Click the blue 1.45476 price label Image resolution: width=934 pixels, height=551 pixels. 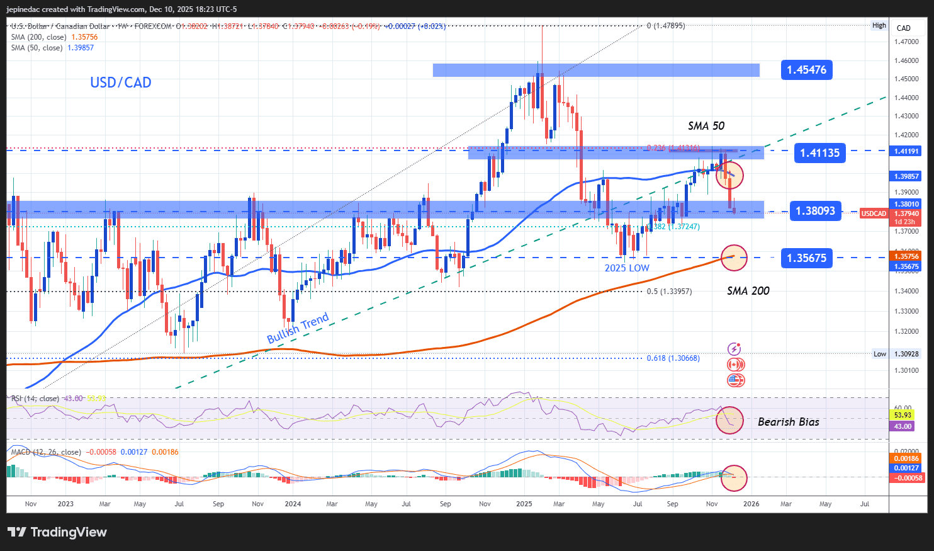coord(806,70)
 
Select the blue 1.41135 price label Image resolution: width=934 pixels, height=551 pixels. coord(819,152)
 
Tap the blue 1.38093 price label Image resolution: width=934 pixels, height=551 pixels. coord(815,211)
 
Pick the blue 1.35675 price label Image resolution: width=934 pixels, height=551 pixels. coord(806,258)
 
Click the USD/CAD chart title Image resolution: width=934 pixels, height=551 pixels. coord(121,82)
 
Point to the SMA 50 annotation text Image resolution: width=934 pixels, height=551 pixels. coord(706,126)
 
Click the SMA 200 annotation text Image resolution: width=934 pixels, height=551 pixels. coord(748,291)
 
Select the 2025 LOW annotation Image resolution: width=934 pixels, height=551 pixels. coord(627,268)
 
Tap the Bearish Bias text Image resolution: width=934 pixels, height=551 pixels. coord(788,422)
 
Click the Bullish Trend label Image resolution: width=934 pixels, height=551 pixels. coord(298,328)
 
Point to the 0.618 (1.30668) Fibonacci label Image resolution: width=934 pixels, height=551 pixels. coord(673,358)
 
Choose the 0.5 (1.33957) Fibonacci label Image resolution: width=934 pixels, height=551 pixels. coord(669,292)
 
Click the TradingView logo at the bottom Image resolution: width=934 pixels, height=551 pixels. coord(57,532)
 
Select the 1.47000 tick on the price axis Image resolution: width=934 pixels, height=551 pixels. coord(906,42)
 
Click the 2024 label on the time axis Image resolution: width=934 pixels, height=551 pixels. coord(293,504)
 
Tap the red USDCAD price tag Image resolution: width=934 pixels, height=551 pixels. coord(874,213)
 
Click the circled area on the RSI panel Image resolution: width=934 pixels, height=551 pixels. coord(729,420)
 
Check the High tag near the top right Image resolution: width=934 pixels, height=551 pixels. coord(879,26)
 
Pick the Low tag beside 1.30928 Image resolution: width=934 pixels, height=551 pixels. coord(880,354)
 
